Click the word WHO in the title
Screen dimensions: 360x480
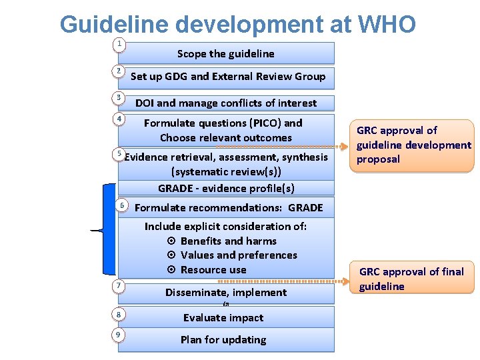[x=387, y=25]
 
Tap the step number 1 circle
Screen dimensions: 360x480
[x=119, y=44]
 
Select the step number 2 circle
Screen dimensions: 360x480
[x=119, y=71]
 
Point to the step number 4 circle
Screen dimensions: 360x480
[x=119, y=119]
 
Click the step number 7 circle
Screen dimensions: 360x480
[x=119, y=286]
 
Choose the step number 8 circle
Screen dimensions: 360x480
[x=119, y=314]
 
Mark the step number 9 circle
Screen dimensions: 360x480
[x=119, y=334]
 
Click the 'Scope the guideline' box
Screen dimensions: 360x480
[x=226, y=53]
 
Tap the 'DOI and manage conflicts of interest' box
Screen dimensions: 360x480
[x=226, y=103]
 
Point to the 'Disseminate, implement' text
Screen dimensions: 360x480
[x=226, y=292]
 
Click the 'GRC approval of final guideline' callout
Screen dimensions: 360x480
[x=411, y=278]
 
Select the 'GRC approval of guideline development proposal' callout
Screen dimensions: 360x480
[x=413, y=145]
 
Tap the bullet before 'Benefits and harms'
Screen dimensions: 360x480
[x=171, y=241]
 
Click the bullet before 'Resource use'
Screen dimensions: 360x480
[x=171, y=270]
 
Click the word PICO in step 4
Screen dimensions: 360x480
[x=248, y=123]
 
